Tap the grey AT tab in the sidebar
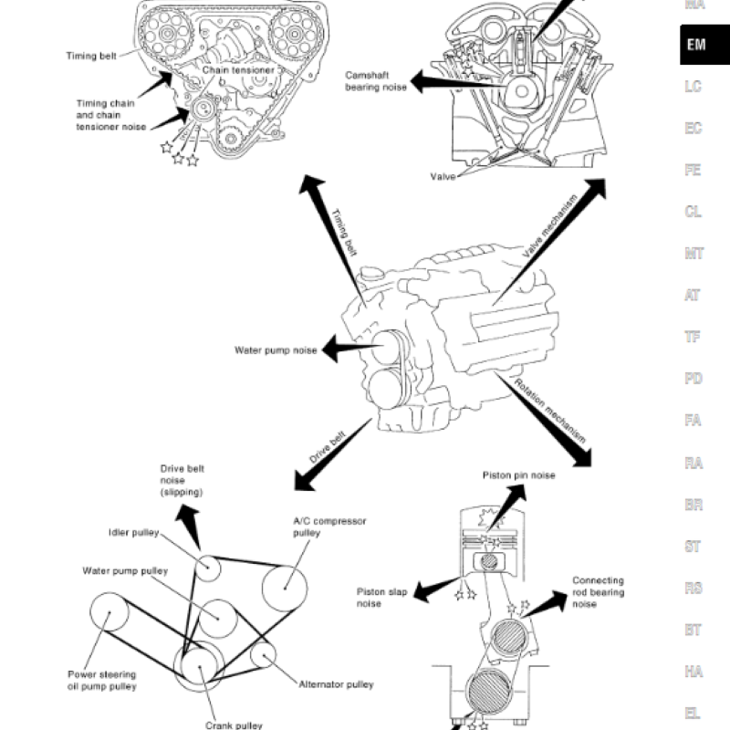693,295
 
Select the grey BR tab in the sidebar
693,505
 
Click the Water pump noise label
276,349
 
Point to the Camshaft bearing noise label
374,81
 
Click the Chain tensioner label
238,69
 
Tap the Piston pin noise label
518,475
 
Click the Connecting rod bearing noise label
598,592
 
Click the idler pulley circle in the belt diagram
209,568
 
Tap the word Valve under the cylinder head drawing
443,176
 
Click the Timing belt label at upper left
91,56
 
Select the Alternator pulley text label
336,684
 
